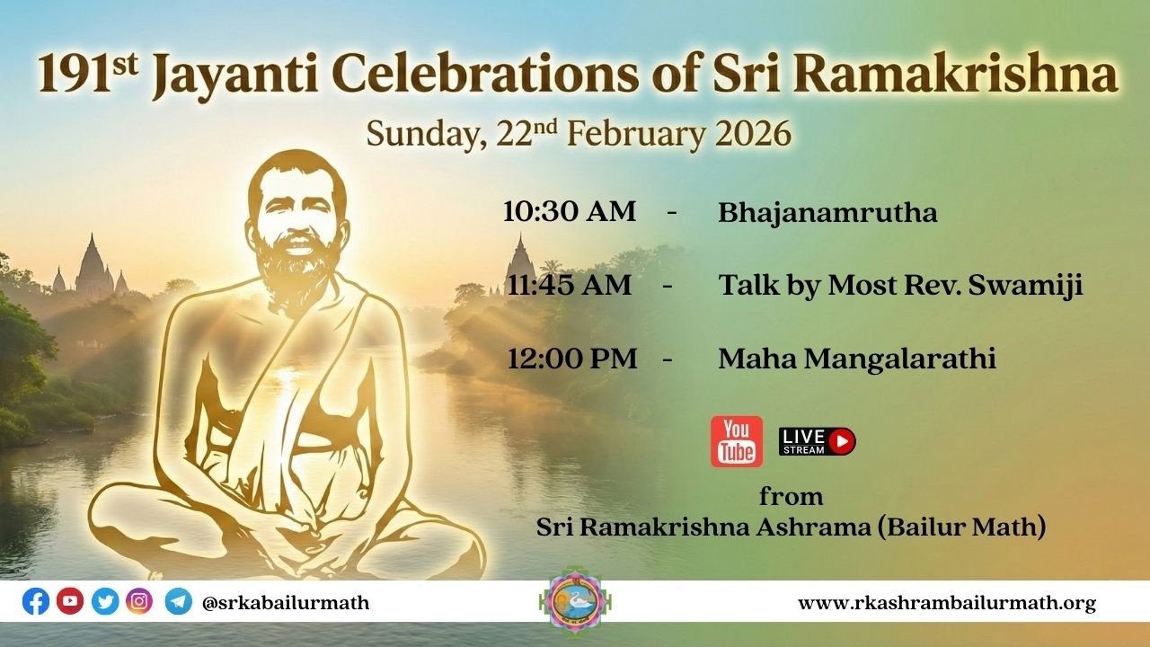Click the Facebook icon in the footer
pos(36,601)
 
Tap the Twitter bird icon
pos(105,601)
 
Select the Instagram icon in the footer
pos(139,601)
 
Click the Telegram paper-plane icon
pos(178,601)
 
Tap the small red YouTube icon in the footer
pos(70,601)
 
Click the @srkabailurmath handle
pos(286,602)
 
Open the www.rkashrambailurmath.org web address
pos(946,603)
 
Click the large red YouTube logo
pos(736,441)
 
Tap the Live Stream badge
pos(817,441)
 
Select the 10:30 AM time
pos(569,212)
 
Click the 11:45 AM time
pos(569,285)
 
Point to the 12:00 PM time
pos(571,359)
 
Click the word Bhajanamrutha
pos(827,213)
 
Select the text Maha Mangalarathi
pos(857,359)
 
